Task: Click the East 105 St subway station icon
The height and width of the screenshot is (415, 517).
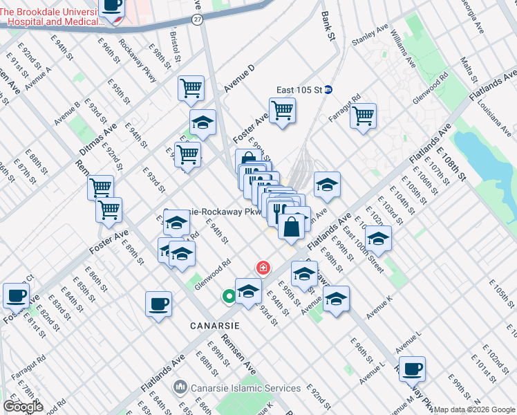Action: click(329, 89)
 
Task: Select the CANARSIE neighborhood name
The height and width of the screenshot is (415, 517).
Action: click(215, 325)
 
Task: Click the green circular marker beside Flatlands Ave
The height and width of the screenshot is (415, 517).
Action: click(228, 297)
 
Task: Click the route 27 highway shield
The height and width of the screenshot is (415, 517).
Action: click(198, 20)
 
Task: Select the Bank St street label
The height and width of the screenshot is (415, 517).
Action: click(327, 26)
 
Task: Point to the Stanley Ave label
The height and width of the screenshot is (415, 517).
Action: click(371, 36)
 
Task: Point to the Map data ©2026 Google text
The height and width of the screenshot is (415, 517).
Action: click(474, 409)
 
